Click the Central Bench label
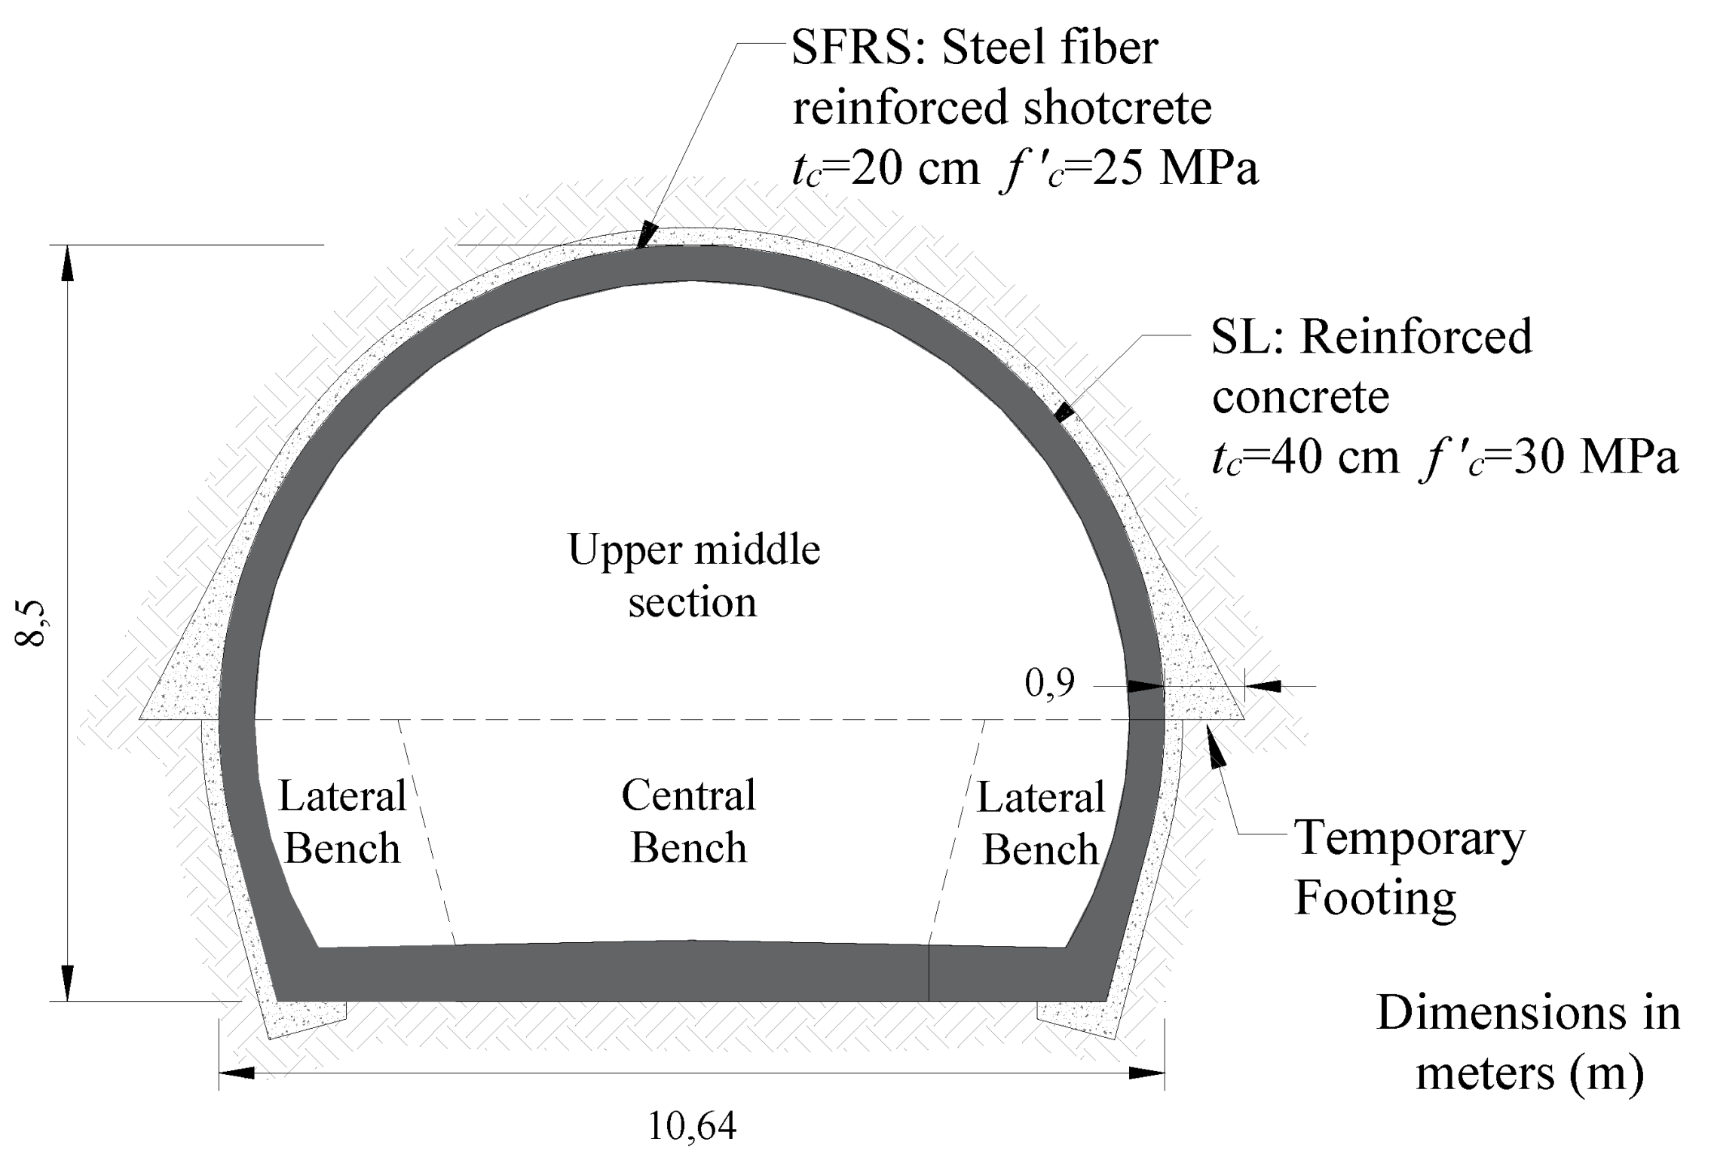click(x=688, y=821)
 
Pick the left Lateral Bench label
click(x=342, y=822)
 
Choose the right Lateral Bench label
click(x=1041, y=823)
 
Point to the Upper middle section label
click(x=693, y=575)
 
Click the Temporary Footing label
click(x=1408, y=868)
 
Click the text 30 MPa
click(x=1595, y=456)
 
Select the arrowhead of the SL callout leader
click(x=1064, y=412)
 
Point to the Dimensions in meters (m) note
click(x=1529, y=1042)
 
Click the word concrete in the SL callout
click(x=1300, y=396)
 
